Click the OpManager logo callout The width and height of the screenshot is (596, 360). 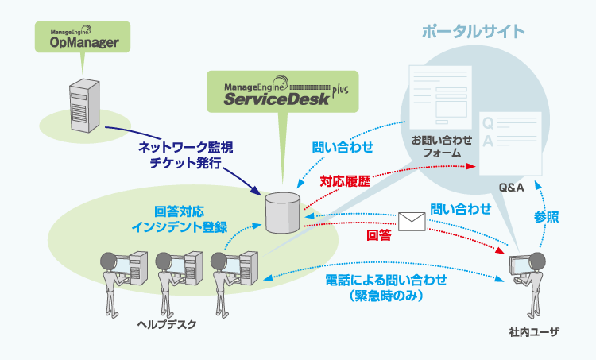78,38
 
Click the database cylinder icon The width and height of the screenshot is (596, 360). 284,212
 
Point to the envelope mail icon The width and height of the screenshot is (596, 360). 412,222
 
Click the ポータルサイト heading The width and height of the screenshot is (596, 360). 473,32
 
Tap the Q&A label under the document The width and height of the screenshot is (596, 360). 509,188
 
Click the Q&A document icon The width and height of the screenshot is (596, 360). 510,144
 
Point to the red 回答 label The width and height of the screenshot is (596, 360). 378,236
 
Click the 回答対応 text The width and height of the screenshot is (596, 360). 180,212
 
